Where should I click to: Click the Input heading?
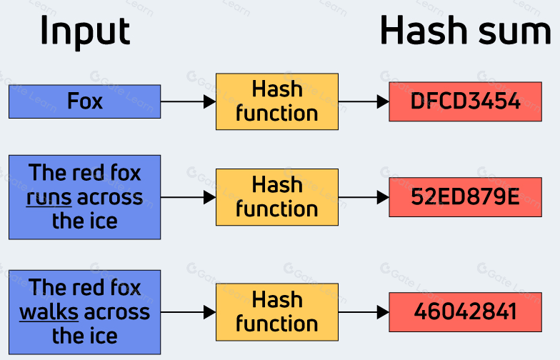tap(84, 31)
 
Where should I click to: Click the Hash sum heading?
tap(465, 31)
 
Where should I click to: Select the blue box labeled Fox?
tap(84, 101)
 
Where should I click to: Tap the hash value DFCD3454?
tap(465, 101)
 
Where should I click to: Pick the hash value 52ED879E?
tap(465, 197)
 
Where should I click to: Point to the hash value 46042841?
tap(465, 312)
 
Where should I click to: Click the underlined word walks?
tap(48, 312)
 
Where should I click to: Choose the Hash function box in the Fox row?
tap(277, 101)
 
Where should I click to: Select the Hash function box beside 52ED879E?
tap(277, 197)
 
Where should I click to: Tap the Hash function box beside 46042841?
tap(277, 312)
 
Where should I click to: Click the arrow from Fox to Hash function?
tap(188, 101)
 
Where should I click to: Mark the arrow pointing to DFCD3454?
tap(364, 101)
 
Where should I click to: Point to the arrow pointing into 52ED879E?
tap(364, 197)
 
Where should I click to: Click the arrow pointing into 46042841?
tap(364, 312)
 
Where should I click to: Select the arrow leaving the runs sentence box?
tap(188, 197)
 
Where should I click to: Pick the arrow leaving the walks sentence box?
tap(188, 312)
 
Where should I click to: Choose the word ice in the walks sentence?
tap(103, 336)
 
